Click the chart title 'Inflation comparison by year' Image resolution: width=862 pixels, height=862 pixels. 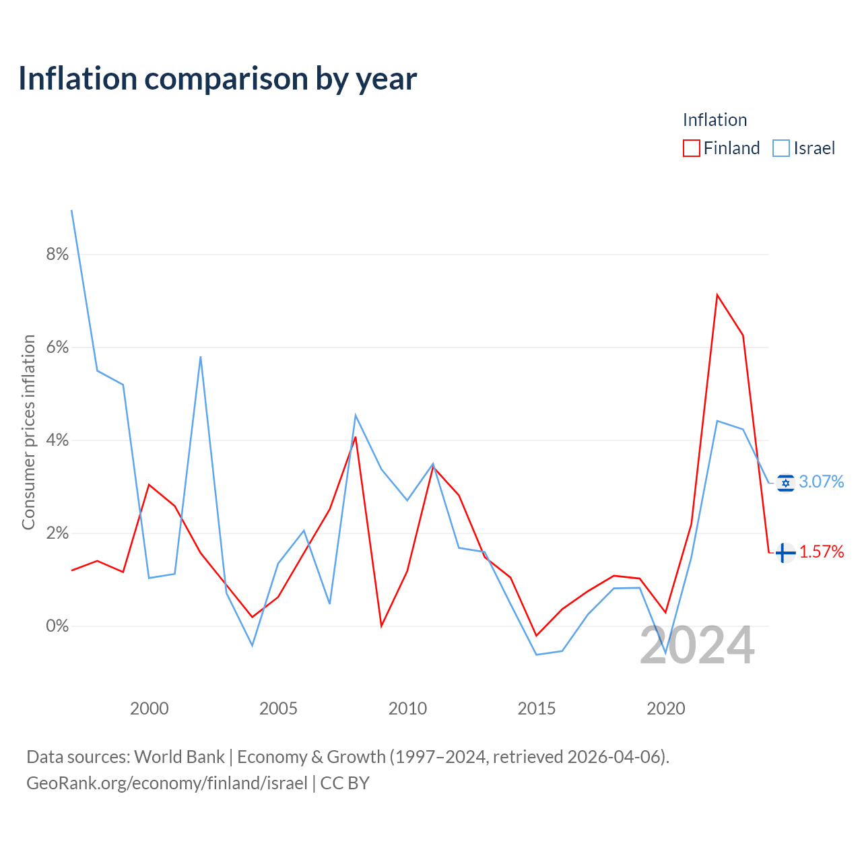coord(218,79)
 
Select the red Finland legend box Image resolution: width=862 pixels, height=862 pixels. coord(691,148)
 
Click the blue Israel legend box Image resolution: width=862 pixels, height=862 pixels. coord(781,148)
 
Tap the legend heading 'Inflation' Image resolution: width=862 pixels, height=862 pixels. coord(715,120)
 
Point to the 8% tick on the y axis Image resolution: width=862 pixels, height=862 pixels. coord(57,254)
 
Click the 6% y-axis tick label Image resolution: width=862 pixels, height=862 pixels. coord(57,347)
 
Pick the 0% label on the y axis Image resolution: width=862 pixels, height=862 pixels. coord(57,626)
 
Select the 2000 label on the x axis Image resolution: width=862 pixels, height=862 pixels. coord(149,708)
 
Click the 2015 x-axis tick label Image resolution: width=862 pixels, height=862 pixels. coord(536,708)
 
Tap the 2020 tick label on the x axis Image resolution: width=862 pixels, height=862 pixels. coord(665,708)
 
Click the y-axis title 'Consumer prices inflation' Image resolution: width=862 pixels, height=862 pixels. coord(29,432)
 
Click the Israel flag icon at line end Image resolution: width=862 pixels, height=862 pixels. coord(785,483)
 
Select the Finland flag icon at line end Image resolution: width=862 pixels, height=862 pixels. coord(785,553)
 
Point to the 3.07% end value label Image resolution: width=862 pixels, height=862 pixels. coord(822,482)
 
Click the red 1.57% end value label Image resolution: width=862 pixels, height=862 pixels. coord(822,552)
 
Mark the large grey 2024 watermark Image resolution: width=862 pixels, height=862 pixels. coord(697,644)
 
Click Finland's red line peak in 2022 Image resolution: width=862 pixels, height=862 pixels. coord(717,295)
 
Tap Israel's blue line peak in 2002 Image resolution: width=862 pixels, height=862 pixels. coord(201,357)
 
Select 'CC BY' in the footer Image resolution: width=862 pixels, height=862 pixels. coord(345,783)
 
